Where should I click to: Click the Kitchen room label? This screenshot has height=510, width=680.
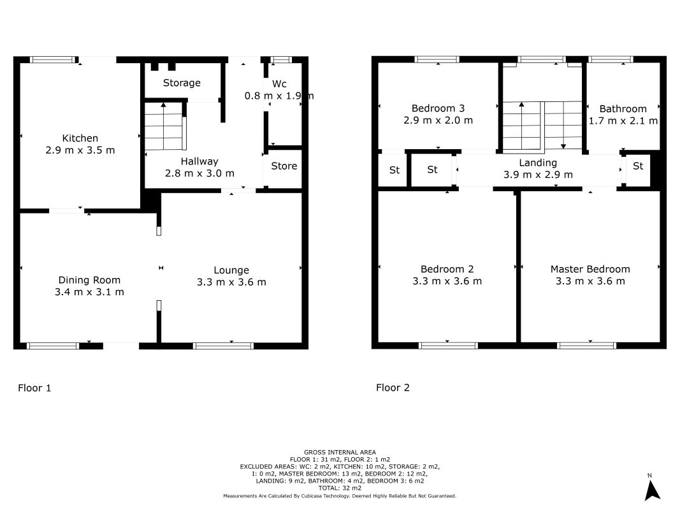(80, 138)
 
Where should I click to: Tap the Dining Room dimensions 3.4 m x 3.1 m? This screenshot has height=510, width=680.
(89, 292)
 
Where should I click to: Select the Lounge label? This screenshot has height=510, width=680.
(231, 270)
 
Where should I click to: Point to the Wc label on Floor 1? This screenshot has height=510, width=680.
(279, 84)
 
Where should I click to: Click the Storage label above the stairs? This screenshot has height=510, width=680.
(182, 83)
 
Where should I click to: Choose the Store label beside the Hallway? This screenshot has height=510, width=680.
(284, 166)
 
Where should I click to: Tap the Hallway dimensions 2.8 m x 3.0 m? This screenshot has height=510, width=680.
(199, 173)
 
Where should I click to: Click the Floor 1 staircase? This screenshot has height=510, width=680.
(165, 126)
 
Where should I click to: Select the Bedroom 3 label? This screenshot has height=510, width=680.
(438, 108)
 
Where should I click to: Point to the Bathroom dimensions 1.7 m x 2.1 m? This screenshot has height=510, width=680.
(623, 121)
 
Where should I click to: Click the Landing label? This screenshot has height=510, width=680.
(538, 163)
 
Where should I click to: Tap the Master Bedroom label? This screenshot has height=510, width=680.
(590, 269)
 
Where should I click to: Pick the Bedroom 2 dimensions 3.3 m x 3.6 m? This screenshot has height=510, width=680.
(447, 281)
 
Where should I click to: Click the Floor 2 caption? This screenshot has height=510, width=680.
(393, 388)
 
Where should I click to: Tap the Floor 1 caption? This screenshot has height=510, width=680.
(34, 388)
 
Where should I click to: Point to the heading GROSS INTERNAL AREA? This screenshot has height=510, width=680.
(340, 453)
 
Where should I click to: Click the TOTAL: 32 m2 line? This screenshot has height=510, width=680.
(340, 488)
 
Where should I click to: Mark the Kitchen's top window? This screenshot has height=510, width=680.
(53, 59)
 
